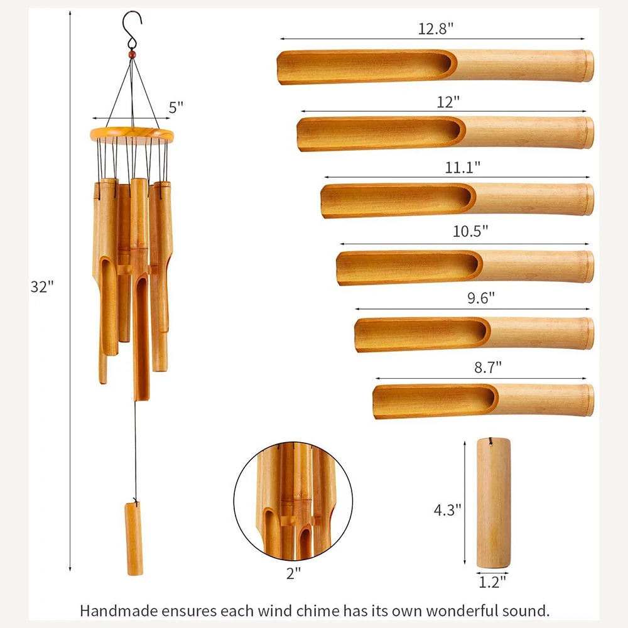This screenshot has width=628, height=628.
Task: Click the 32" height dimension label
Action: tap(43, 286)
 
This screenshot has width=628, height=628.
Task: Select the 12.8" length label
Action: tap(436, 29)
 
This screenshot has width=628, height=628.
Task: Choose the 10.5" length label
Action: tap(470, 230)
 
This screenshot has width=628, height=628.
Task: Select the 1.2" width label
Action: tap(492, 582)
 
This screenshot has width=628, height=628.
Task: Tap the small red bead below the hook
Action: tap(132, 56)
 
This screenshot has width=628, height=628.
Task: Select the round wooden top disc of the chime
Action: tap(133, 133)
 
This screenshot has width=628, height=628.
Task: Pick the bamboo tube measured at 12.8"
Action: tap(435, 66)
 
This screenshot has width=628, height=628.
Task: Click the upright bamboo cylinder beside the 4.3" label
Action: tap(493, 502)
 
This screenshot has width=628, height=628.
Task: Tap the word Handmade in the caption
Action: tap(114, 610)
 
